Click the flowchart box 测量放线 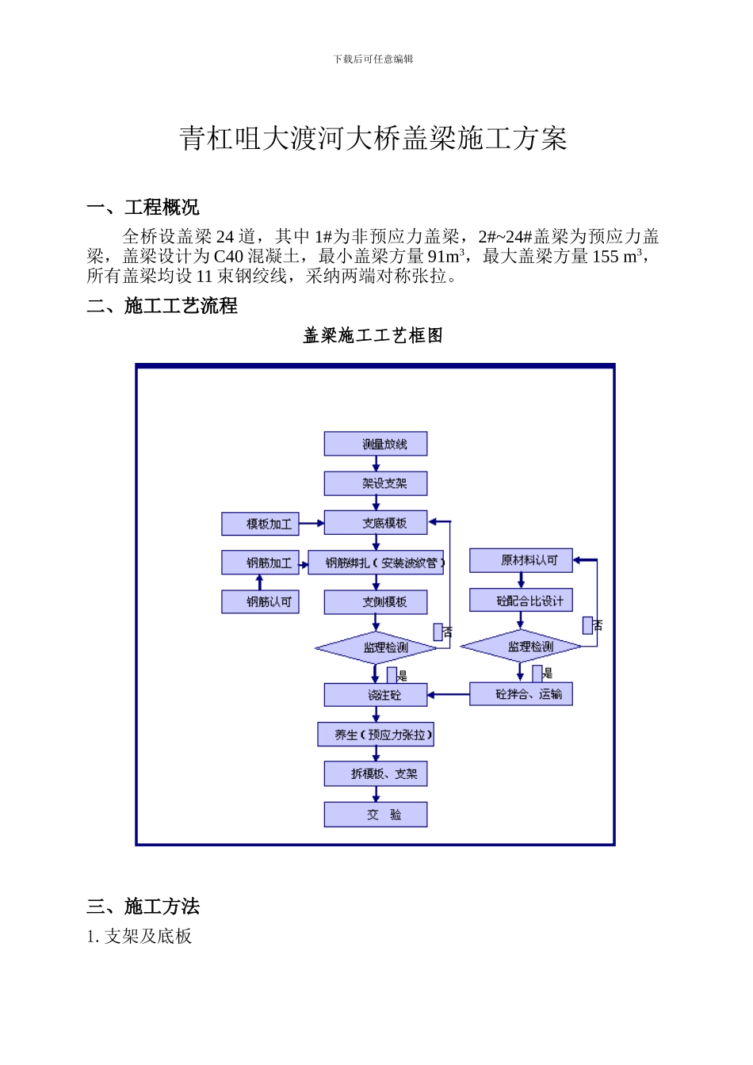tap(375, 444)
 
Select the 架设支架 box tap(375, 483)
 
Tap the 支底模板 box tap(375, 523)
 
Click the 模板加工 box tap(260, 524)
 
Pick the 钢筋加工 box tap(260, 563)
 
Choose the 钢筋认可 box tap(260, 602)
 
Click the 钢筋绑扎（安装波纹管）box tap(375, 563)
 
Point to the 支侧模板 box tap(375, 602)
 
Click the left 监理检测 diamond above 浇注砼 tap(376, 648)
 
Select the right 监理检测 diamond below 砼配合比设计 tap(521, 647)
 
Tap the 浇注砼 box tap(375, 695)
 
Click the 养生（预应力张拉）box tap(376, 735)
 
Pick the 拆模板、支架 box tap(375, 774)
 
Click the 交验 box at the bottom tap(375, 815)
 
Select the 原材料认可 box tap(521, 560)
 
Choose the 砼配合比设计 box tap(521, 601)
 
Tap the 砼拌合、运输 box tap(521, 694)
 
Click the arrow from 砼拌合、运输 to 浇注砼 tap(449, 695)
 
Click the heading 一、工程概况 tap(143, 208)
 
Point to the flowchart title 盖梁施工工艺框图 tap(373, 336)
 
